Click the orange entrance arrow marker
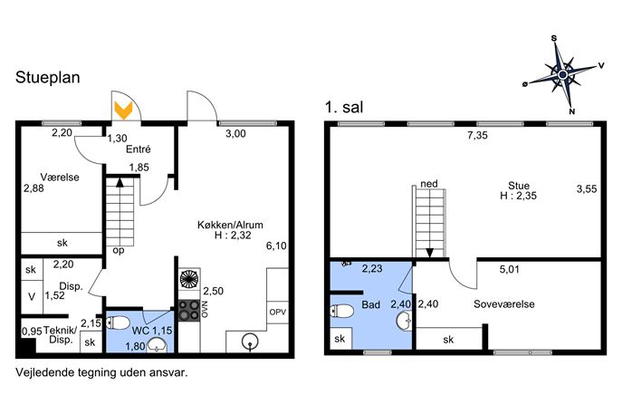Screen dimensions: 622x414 tap(123, 111)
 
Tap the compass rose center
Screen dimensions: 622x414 tap(562, 74)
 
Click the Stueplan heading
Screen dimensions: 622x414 tap(48, 77)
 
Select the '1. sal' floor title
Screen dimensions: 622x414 tap(344, 107)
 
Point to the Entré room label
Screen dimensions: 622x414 tap(139, 149)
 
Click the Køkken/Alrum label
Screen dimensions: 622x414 tap(230, 225)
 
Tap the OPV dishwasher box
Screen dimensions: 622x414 tap(278, 312)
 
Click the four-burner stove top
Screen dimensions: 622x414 tap(189, 311)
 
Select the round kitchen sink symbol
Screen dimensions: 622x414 tap(250, 342)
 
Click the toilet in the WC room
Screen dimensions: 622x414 tap(117, 323)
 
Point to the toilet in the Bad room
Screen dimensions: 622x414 tap(341, 311)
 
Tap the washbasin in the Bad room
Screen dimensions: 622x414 tap(405, 321)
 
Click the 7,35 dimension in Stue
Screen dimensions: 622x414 tap(477, 135)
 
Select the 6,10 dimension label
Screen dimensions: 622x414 tap(276, 246)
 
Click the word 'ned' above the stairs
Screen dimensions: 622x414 tap(429, 184)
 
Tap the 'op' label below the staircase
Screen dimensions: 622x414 tap(119, 251)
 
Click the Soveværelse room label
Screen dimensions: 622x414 tap(503, 304)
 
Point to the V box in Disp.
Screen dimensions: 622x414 tap(32, 297)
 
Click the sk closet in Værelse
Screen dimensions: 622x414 tap(62, 243)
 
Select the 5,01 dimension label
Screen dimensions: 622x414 tap(510, 270)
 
